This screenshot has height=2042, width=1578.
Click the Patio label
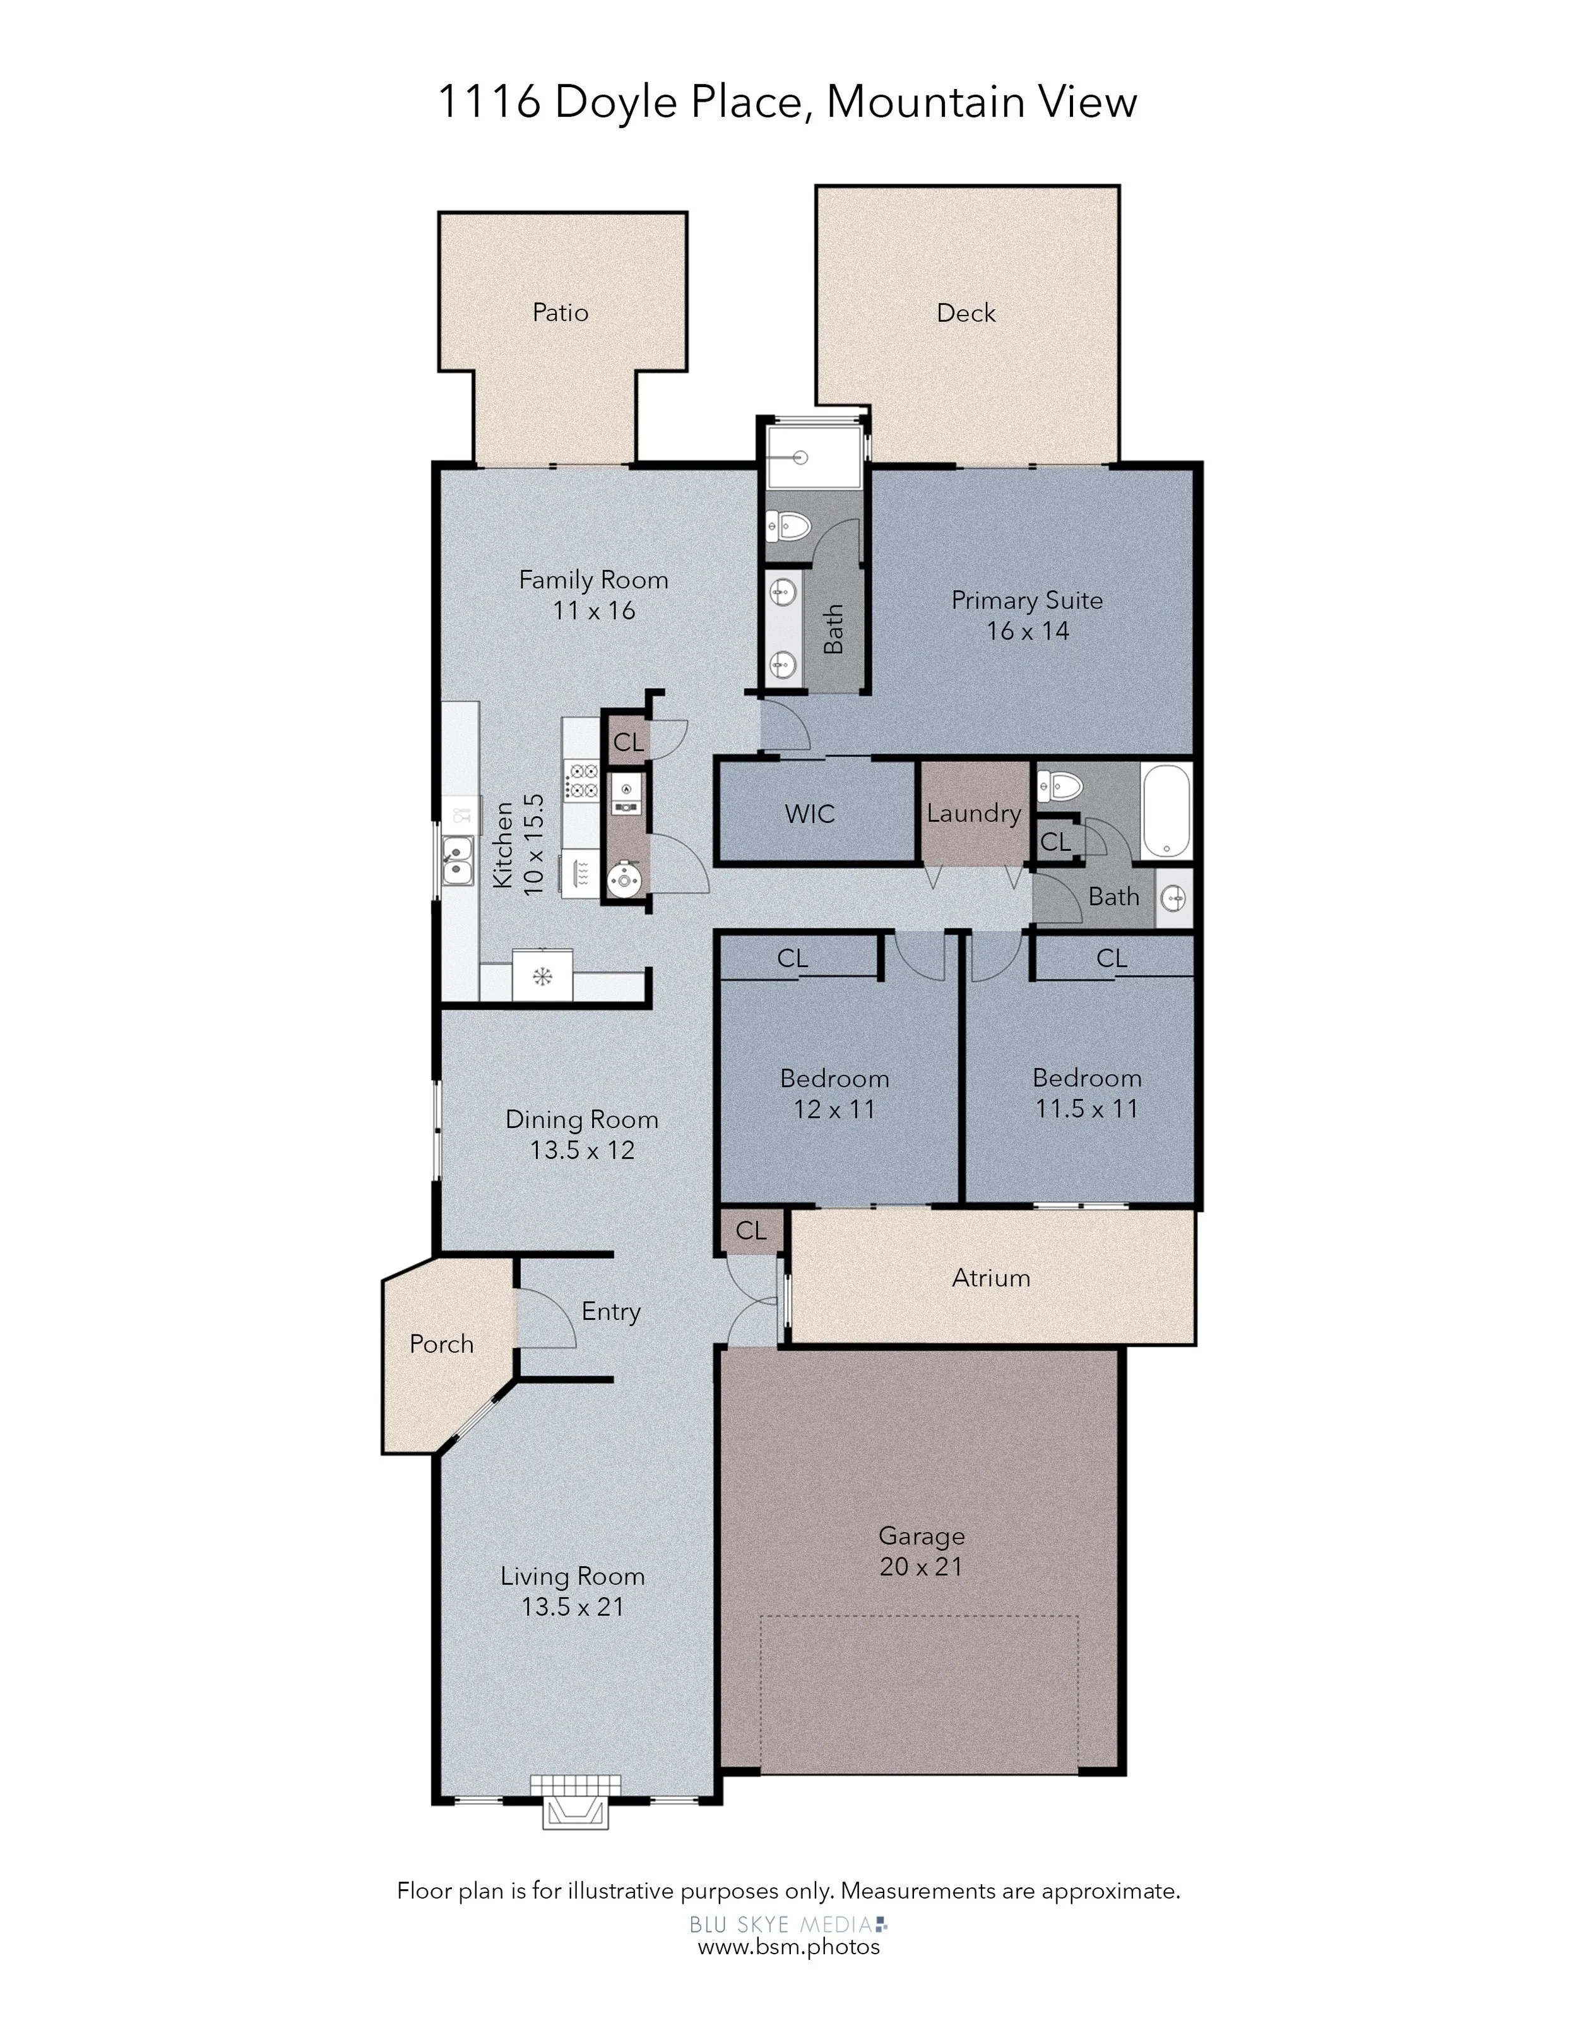560,312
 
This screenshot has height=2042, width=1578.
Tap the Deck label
966,312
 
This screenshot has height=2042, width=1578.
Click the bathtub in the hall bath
1166,810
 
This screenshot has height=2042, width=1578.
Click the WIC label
810,814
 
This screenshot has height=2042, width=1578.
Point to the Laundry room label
973,814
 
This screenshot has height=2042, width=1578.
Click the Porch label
441,1344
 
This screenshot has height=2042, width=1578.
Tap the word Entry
610,1312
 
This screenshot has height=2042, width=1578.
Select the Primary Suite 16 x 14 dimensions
1028,631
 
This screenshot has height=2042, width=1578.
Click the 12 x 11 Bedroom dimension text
834,1110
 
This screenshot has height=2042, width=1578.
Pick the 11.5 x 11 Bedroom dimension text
1086,1109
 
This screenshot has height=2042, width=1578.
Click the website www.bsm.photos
789,1947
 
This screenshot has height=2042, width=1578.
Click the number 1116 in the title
489,101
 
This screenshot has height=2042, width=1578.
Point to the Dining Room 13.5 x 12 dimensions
583,1150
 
